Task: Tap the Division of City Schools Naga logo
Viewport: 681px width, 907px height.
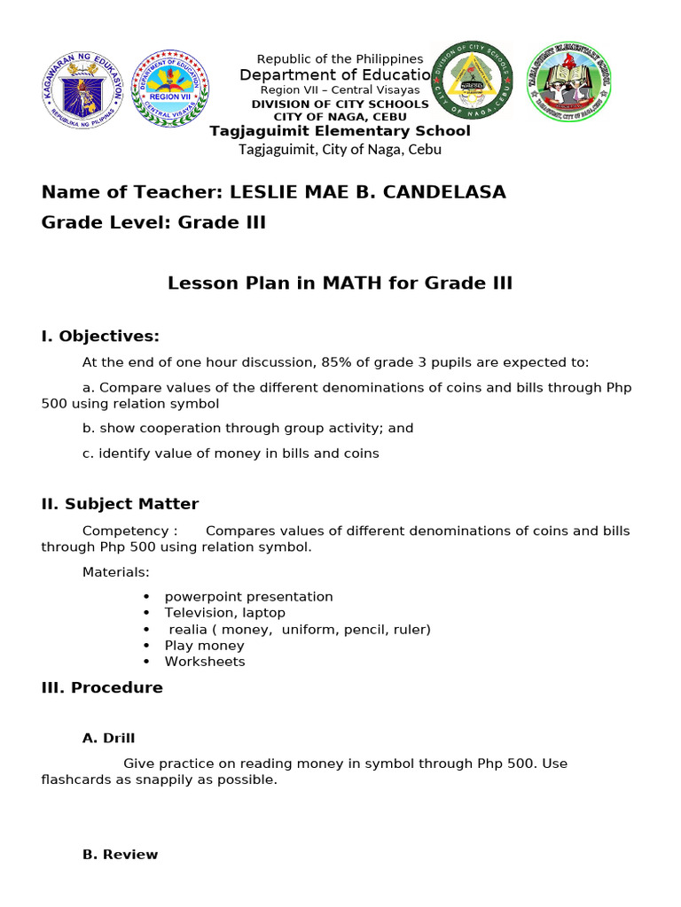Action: (471, 81)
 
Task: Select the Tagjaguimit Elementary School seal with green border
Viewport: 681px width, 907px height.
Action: (568, 82)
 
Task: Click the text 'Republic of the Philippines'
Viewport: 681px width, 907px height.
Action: (340, 58)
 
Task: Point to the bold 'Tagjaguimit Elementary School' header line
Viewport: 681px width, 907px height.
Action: (340, 131)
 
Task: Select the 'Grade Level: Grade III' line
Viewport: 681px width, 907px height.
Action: (153, 222)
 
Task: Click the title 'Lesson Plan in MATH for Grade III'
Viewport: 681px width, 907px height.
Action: (340, 283)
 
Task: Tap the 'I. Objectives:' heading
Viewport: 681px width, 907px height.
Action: (100, 336)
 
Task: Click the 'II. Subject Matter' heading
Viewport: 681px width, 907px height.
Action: (120, 504)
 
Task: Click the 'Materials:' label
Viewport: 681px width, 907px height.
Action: (116, 572)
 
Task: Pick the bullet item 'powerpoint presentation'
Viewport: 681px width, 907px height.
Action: (248, 597)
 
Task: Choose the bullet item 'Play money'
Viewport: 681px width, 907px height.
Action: (204, 646)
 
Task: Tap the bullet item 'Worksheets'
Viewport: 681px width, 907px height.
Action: (205, 662)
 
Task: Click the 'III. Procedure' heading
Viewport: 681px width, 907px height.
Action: (102, 687)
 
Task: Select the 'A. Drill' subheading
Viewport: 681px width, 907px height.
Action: (108, 738)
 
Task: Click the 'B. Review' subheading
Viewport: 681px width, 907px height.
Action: (120, 855)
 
